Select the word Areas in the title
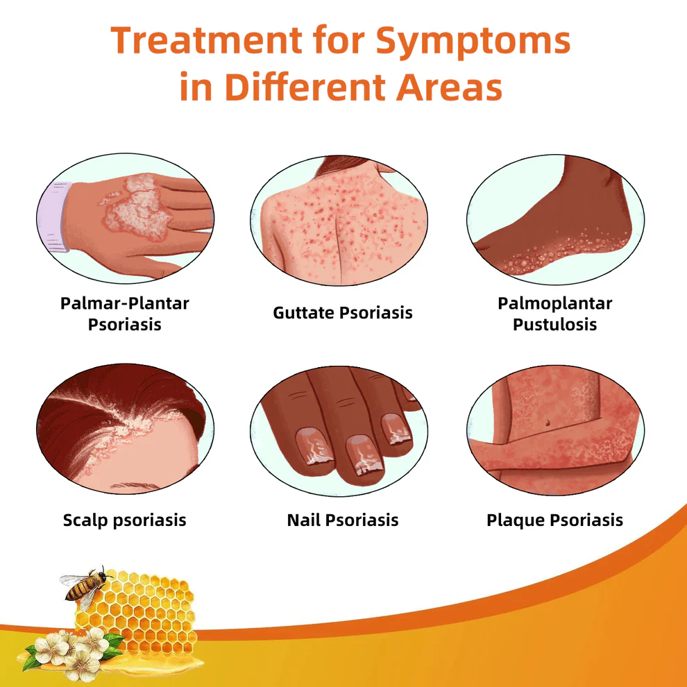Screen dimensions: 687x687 point(441,88)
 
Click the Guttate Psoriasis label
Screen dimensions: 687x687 point(343,312)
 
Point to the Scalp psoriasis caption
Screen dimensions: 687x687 point(125,520)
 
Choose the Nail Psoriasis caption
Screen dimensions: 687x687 point(343,520)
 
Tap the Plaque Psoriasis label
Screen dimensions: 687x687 point(555,520)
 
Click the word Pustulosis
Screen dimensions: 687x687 point(555,324)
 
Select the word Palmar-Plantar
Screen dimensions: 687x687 point(125,303)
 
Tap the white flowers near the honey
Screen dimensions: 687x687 point(66,652)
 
